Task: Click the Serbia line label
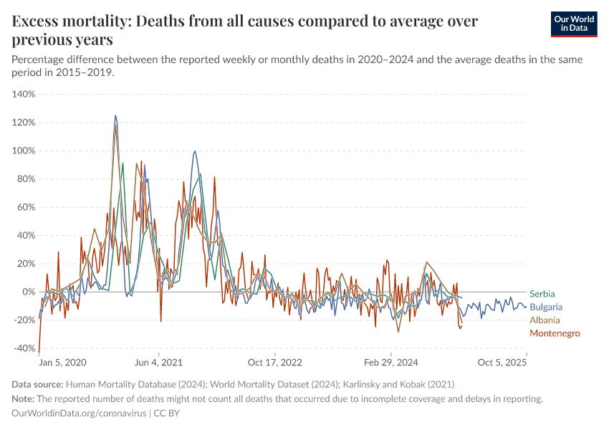pyautogui.click(x=542, y=294)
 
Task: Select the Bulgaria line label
pyautogui.click(x=545, y=307)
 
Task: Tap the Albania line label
pyautogui.click(x=545, y=320)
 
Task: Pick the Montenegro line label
pyautogui.click(x=555, y=333)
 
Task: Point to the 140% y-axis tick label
pyautogui.click(x=24, y=94)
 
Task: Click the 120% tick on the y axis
pyautogui.click(x=24, y=123)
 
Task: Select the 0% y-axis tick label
pyautogui.click(x=29, y=292)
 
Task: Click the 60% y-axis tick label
pyautogui.click(x=26, y=207)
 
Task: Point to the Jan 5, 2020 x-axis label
pyautogui.click(x=63, y=363)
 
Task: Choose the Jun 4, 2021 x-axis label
pyautogui.click(x=159, y=363)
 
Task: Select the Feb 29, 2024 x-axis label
pyautogui.click(x=390, y=363)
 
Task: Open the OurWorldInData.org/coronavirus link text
pyautogui.click(x=78, y=414)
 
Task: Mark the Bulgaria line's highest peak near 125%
pyautogui.click(x=115, y=115)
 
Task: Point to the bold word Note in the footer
pyautogui.click(x=24, y=398)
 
